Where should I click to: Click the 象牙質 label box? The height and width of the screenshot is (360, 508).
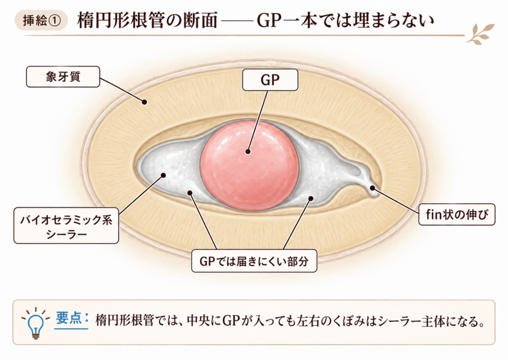(63, 77)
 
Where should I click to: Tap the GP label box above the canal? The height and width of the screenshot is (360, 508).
(270, 80)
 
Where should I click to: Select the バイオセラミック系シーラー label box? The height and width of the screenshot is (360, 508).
(66, 226)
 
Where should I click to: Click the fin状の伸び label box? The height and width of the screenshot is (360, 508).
(457, 215)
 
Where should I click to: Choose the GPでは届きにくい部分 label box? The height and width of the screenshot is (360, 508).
(254, 261)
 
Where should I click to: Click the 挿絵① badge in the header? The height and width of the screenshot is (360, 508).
(42, 20)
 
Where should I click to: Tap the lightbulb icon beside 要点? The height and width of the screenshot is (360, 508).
(35, 323)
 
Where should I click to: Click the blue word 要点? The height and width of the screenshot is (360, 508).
(68, 318)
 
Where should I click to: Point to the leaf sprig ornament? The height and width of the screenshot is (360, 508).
(481, 34)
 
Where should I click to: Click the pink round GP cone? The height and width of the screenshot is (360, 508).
(250, 166)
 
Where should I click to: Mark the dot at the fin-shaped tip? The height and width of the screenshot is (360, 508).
(372, 188)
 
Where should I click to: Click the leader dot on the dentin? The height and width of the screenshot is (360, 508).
(144, 102)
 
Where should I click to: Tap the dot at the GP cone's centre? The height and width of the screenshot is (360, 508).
(248, 151)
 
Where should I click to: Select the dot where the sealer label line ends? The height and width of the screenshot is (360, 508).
(163, 175)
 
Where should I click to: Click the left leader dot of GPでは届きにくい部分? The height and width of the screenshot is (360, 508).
(190, 193)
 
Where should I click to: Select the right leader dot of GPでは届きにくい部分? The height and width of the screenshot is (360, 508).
(311, 198)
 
